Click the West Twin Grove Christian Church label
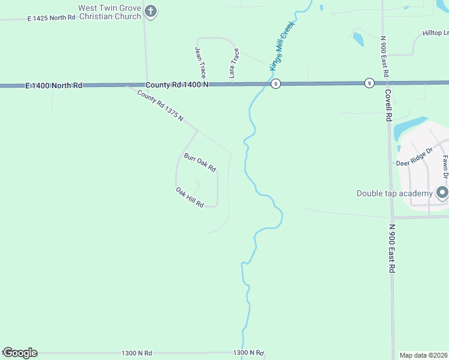point(109,12)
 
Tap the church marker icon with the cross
point(151,11)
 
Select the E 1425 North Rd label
point(52,18)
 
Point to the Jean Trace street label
point(200,62)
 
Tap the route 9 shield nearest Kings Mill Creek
point(275,83)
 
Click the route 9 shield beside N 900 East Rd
point(369,83)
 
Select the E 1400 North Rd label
point(54,86)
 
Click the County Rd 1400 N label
point(177,85)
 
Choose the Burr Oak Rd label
point(199,163)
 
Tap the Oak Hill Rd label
point(190,197)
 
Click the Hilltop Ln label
point(435,32)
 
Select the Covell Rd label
point(388,105)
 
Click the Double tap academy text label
point(394,193)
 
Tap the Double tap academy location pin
point(442,193)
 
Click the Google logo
point(19,353)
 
